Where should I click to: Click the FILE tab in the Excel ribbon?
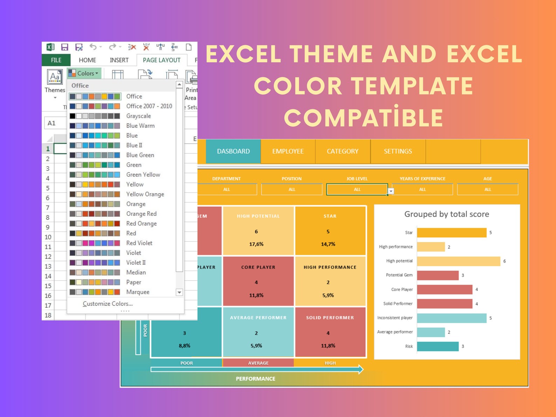coord(56,60)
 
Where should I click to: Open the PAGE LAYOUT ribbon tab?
coord(161,60)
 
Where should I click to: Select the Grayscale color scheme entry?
coord(138,116)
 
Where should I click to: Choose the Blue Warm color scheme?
coord(140,126)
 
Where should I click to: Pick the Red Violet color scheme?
coord(139,243)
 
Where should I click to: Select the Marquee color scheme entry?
coord(138,292)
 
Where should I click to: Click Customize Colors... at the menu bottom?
coord(107,304)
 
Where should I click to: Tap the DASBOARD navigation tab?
coord(233,151)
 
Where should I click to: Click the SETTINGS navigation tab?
coord(398,151)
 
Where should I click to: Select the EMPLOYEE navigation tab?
coord(288,151)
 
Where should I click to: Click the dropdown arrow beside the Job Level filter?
coord(391,191)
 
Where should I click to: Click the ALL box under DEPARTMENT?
coord(227,189)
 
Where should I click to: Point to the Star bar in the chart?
coord(451,232)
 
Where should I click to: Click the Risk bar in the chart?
coord(438,346)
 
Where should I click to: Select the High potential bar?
coord(458,261)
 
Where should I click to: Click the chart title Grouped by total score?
coord(446,214)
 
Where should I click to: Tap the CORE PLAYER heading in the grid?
coord(258,267)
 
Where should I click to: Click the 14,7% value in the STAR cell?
coord(328,244)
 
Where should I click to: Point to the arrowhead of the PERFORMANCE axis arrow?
coord(360,369)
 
